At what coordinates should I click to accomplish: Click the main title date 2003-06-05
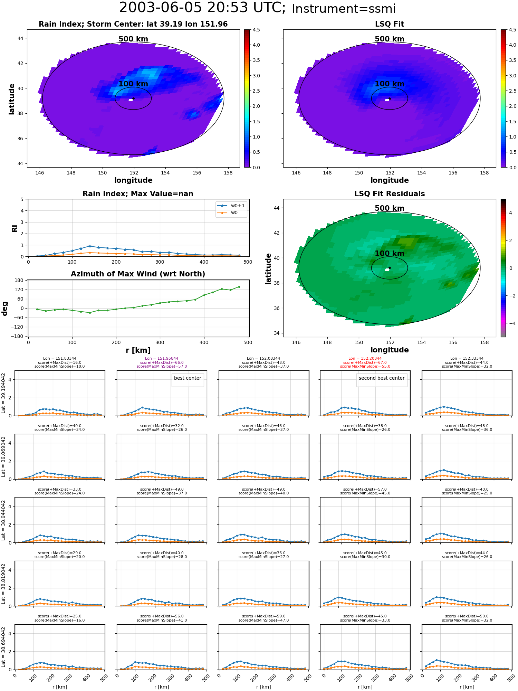166,8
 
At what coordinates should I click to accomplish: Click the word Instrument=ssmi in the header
344,9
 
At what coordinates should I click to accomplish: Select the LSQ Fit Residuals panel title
390,194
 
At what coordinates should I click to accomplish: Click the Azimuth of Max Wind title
138,274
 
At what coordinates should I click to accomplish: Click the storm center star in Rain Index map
133,98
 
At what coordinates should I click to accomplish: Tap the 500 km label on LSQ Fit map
390,39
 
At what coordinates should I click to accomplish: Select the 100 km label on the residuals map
390,254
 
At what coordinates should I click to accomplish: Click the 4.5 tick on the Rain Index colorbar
256,30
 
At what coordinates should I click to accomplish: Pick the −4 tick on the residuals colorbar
510,323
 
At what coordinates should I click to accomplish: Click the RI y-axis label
15,228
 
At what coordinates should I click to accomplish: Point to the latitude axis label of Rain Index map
12,99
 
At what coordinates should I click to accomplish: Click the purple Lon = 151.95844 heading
162,358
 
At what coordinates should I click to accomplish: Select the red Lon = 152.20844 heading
365,358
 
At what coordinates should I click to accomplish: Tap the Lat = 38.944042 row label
3,520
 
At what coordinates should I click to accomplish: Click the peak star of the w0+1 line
90,246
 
